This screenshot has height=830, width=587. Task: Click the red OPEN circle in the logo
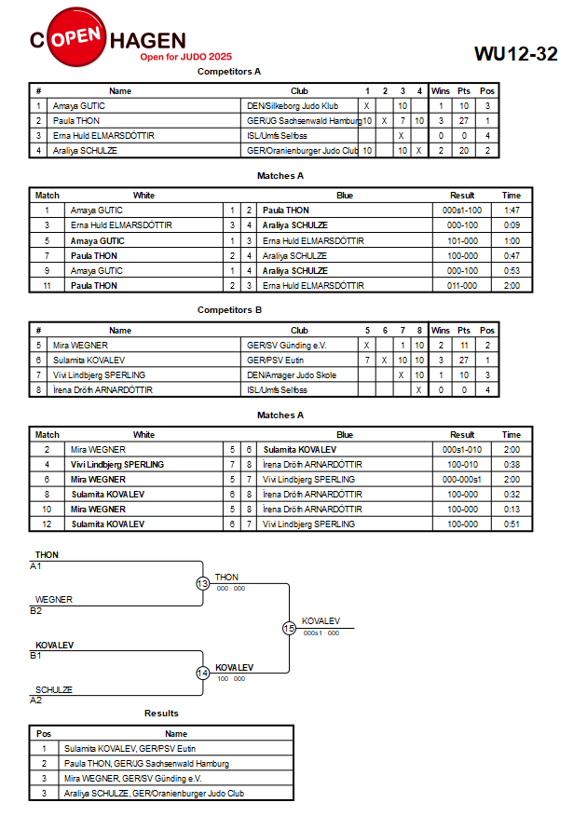76,37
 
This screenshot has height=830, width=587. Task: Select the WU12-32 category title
515,53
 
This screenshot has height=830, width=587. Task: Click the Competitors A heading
228,72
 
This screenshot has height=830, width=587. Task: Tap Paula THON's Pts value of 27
464,121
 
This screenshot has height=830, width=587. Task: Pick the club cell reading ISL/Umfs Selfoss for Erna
277,135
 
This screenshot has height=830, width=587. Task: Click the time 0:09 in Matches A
512,225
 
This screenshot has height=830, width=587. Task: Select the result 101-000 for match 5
462,241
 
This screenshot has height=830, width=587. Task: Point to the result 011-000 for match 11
462,285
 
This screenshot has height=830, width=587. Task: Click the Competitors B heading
229,310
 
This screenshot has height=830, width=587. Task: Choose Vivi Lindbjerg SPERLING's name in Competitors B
99,374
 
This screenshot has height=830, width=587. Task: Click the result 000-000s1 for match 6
462,479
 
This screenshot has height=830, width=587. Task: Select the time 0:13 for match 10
512,510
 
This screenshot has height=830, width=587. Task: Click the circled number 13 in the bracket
203,583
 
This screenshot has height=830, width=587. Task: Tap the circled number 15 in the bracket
289,629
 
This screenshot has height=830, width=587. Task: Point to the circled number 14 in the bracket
203,673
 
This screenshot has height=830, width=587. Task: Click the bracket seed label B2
35,611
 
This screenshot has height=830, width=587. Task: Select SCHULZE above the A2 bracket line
54,689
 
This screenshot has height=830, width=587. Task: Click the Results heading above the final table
161,714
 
